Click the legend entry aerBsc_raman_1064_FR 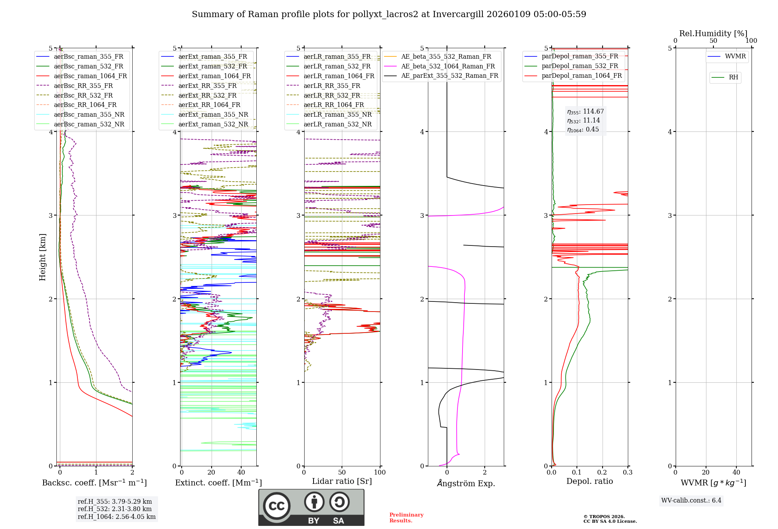tap(90, 76)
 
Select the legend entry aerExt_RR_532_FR tap(207, 95)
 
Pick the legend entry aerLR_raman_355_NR tap(337, 114)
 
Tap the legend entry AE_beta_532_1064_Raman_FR tap(448, 66)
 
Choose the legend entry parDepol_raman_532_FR tap(580, 66)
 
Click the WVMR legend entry tap(735, 56)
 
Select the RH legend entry tap(733, 77)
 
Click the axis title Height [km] tap(42, 257)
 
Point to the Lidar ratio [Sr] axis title tap(342, 481)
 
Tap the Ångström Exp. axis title tap(466, 483)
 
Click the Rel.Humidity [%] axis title tap(713, 33)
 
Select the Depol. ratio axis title tap(589, 481)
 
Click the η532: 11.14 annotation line tap(583, 121)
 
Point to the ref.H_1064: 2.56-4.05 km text tap(117, 517)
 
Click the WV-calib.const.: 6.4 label tap(691, 500)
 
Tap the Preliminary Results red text tap(406, 518)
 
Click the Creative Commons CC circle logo tap(277, 506)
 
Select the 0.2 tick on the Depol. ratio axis tap(602, 472)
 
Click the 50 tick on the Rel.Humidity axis tap(713, 41)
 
